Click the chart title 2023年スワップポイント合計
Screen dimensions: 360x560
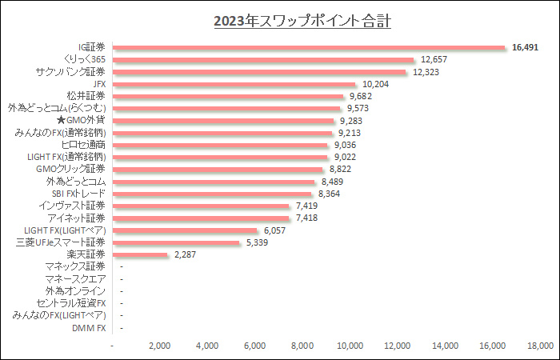click(302, 20)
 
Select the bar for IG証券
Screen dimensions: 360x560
click(309, 47)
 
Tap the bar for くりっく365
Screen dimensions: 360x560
click(264, 59)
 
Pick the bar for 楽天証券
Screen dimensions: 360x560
click(141, 254)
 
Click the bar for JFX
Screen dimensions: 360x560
click(234, 84)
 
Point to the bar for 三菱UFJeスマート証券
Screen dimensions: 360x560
click(177, 242)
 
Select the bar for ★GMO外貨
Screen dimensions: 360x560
click(223, 121)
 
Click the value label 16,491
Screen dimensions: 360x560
click(525, 47)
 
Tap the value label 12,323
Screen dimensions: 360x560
click(426, 72)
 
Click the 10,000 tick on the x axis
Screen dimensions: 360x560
click(350, 346)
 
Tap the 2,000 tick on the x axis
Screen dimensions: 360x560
click(160, 346)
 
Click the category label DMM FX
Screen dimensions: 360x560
click(89, 328)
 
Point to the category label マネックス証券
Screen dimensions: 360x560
click(75, 266)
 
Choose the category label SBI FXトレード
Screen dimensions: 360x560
click(78, 194)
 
